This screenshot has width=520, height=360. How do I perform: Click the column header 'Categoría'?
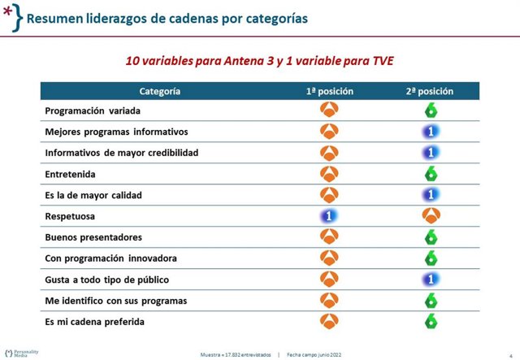tap(159, 92)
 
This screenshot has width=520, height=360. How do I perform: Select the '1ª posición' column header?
tap(329, 92)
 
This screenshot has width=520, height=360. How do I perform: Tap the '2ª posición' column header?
tap(431, 92)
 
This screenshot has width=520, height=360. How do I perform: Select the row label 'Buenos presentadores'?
tap(93, 237)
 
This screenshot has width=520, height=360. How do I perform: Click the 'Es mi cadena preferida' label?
tap(94, 322)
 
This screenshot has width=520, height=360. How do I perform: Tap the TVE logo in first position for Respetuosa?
tap(329, 216)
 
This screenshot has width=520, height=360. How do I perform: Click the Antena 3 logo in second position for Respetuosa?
tap(431, 216)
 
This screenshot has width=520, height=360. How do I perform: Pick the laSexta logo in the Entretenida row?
tap(431, 173)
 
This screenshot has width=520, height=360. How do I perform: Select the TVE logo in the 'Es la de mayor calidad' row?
tap(431, 195)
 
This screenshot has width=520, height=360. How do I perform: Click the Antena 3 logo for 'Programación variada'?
tap(329, 111)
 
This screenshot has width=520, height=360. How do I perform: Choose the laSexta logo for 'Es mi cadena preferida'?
tap(431, 322)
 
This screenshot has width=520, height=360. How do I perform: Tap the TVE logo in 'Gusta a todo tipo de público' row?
tap(431, 279)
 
